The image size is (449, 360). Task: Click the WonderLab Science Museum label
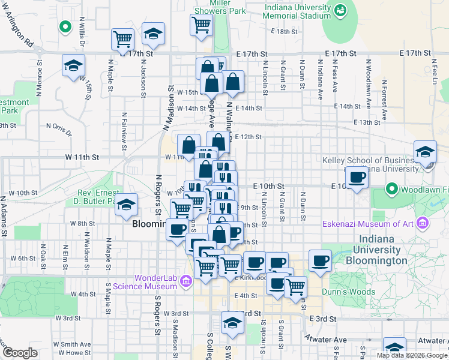(x=156, y=282)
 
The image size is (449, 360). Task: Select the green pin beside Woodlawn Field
(x=392, y=190)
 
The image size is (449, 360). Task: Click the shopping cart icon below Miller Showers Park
(x=201, y=25)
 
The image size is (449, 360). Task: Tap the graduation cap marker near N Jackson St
(x=153, y=34)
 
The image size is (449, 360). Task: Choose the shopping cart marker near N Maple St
(x=122, y=39)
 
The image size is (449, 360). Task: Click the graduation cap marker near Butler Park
(x=126, y=204)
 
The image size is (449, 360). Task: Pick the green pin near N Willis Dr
(x=64, y=27)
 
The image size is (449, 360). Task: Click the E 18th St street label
(x=283, y=31)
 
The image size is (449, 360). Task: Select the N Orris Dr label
(x=59, y=126)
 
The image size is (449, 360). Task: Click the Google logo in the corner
(x=20, y=353)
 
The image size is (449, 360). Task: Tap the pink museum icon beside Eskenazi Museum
(x=424, y=224)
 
